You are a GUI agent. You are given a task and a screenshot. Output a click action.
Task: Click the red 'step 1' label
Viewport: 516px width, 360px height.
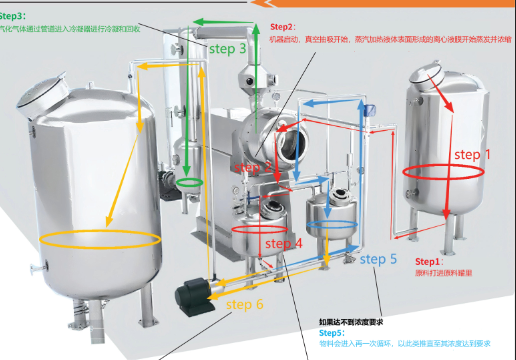473,155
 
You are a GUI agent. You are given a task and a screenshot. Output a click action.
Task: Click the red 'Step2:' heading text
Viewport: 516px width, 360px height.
283,26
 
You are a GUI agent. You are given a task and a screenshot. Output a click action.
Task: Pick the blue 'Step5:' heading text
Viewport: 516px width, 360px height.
331,332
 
